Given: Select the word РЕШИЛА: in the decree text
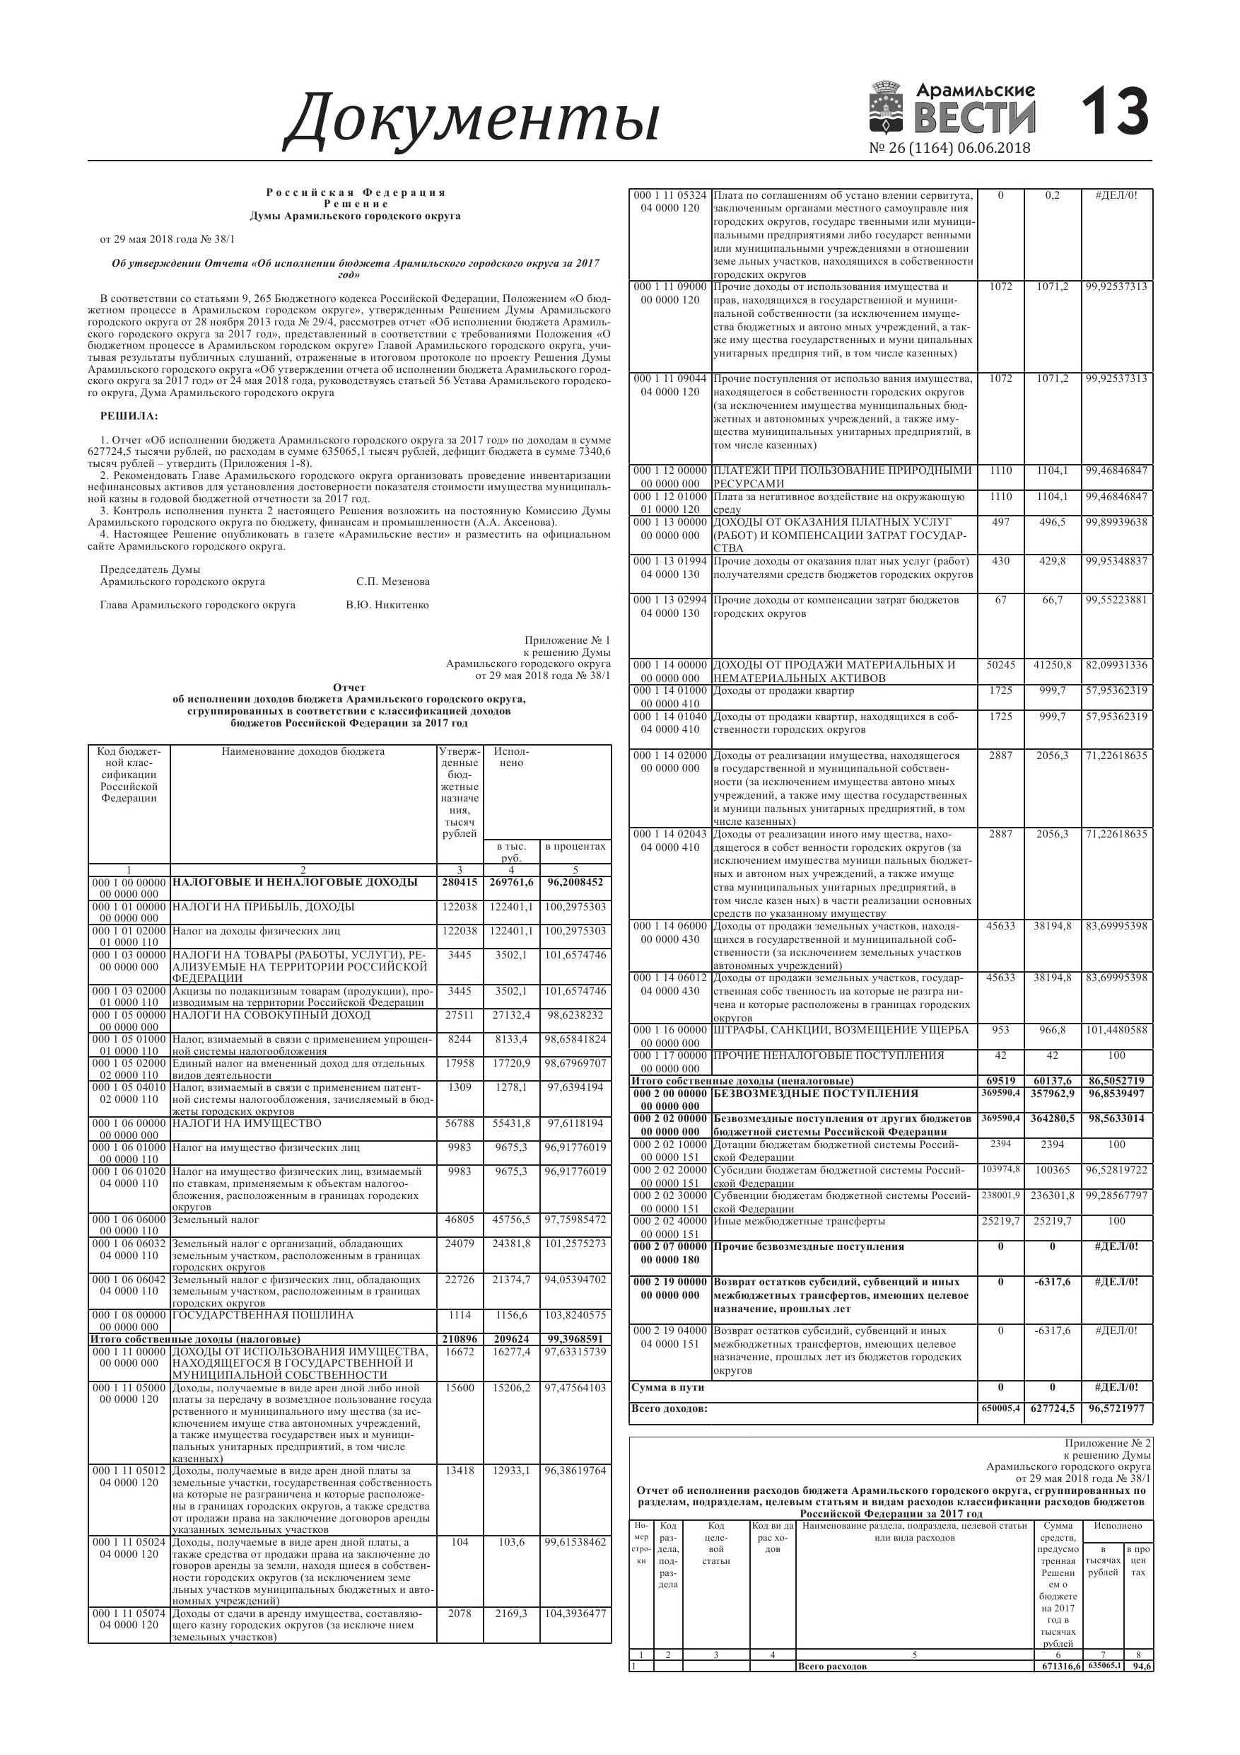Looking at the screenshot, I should (129, 417).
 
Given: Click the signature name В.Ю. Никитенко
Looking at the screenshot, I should (387, 606).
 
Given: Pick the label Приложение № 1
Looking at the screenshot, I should (568, 641).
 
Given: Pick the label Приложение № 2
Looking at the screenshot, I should (1108, 1443).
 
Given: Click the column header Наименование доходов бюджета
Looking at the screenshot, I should (303, 751).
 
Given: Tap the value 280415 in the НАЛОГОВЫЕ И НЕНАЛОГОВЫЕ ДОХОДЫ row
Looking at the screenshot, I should (460, 882).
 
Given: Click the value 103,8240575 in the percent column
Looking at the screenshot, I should (575, 1316).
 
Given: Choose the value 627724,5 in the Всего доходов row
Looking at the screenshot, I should (1052, 1408).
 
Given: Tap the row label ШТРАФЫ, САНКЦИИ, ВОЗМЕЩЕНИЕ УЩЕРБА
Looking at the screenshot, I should (841, 1031).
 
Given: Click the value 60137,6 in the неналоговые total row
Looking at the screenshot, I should (1052, 1081).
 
